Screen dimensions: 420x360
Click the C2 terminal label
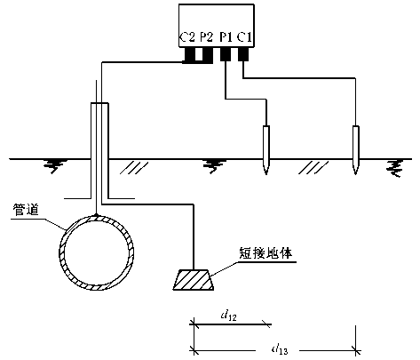click(187, 37)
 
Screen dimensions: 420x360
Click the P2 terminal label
click(206, 37)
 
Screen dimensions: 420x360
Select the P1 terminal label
click(226, 37)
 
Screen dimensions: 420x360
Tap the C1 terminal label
click(244, 37)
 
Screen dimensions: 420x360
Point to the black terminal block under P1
click(226, 54)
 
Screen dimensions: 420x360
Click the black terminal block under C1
click(243, 54)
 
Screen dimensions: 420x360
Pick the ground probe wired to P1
click(266, 150)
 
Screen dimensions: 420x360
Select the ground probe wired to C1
click(355, 150)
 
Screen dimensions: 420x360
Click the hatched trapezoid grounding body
click(194, 280)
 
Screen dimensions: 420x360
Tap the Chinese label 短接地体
click(265, 253)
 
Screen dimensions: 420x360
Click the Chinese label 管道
click(26, 210)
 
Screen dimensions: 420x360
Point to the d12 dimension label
click(229, 316)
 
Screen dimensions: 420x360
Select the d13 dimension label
click(280, 349)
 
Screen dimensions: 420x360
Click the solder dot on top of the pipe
click(96, 214)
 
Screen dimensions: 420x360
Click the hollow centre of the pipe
click(96, 252)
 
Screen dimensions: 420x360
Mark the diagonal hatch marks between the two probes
click(313, 168)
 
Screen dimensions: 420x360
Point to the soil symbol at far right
click(395, 168)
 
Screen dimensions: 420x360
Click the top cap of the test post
click(99, 103)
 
